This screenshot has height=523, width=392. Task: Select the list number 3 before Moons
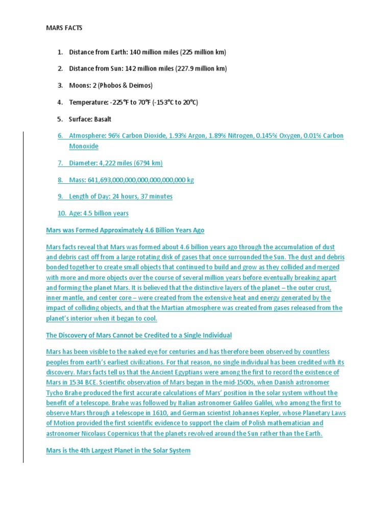point(60,85)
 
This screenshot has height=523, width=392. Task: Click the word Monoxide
point(84,146)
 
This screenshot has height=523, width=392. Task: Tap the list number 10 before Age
point(61,213)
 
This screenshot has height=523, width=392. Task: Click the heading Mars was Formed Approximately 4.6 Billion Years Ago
point(125,230)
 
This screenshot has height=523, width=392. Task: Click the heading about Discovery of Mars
point(139,335)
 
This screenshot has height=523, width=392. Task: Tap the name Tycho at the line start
point(56,393)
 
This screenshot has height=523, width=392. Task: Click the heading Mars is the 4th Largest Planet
point(118,450)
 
